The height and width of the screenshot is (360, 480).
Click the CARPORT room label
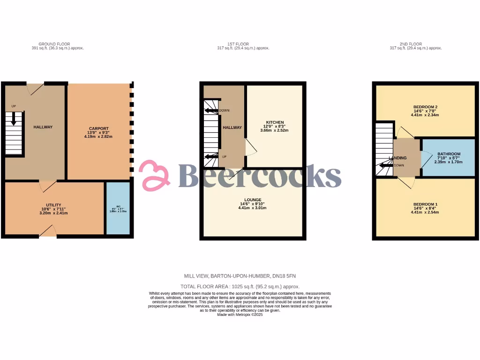point(99,128)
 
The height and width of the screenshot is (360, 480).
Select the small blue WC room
point(118,208)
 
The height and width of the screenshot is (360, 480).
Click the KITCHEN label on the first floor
point(274,122)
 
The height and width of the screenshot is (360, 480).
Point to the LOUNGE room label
point(253,200)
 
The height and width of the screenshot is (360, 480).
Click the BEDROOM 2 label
point(426,107)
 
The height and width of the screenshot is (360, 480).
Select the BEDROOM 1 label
point(426,204)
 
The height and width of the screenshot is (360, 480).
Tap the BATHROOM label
point(449,154)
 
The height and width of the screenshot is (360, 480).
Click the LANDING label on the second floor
point(397,158)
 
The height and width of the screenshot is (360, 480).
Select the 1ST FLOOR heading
point(243,44)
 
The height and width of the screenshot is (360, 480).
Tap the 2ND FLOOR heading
point(415,44)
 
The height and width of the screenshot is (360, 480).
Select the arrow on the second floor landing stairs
point(386,165)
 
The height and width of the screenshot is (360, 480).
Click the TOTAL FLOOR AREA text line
point(240,286)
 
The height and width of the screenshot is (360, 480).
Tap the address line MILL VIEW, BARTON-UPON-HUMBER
point(240,277)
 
